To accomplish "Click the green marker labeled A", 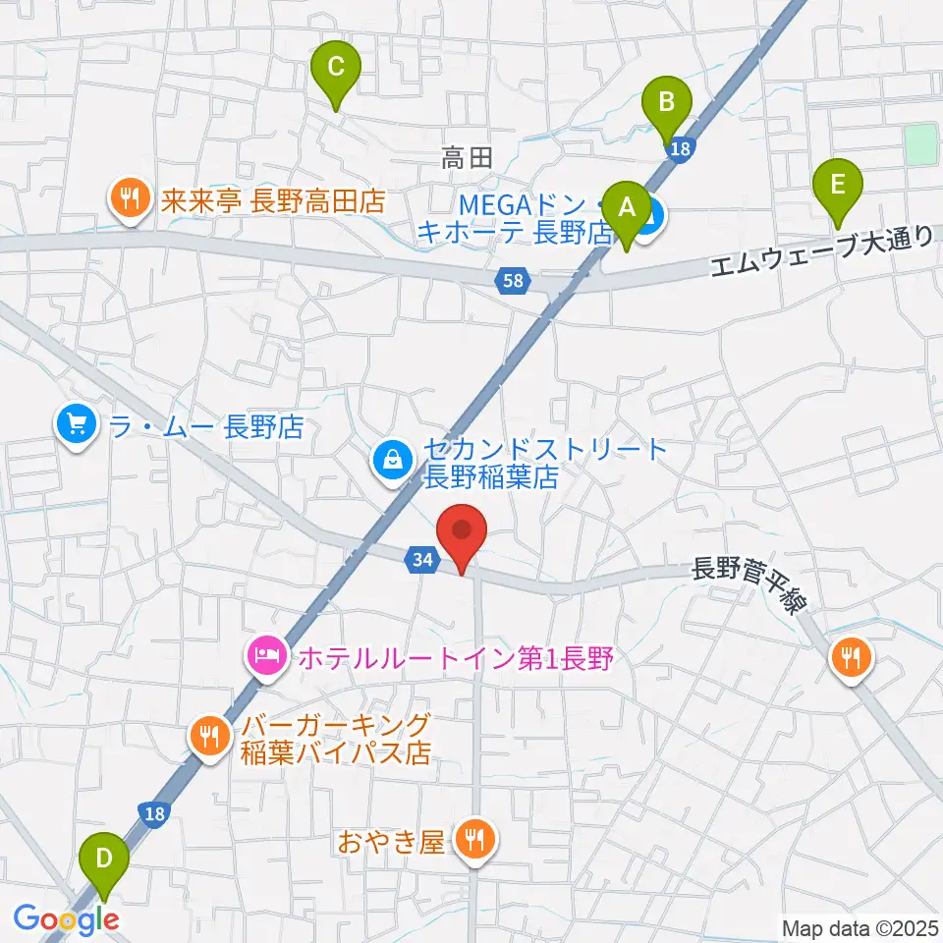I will point(625,208).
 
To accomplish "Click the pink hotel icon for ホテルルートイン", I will point(266,654).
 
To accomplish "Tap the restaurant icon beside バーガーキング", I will point(209,737).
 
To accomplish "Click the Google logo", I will point(66,919).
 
